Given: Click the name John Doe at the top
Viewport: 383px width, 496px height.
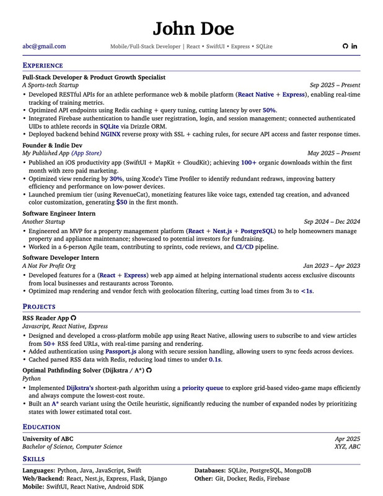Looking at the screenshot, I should pos(193,29).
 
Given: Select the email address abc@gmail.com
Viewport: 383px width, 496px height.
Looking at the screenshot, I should pos(44,46).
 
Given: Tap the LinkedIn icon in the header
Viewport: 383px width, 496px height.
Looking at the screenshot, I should pos(354,46).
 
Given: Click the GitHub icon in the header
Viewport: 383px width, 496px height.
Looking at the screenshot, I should pos(346,46).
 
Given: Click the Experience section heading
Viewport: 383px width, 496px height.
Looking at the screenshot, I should pos(43,65).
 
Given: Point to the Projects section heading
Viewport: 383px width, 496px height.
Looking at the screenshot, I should pos(39,306).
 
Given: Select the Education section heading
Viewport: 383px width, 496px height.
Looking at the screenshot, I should pos(42,427).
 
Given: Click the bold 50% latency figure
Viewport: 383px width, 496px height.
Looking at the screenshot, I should pos(269,110).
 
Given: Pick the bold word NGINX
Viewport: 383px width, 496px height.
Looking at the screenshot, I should pos(110,134).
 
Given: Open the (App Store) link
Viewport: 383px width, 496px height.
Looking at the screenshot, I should pos(87,153).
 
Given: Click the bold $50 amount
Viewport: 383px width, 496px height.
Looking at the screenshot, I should pos(121,202).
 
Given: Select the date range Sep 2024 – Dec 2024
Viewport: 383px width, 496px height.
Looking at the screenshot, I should pos(332,221).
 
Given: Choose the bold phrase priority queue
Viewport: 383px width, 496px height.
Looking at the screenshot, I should pos(203,388).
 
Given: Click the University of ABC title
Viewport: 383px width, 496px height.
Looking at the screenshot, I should pos(48,438).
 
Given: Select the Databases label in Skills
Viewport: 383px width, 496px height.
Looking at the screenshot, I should pos(209,471).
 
